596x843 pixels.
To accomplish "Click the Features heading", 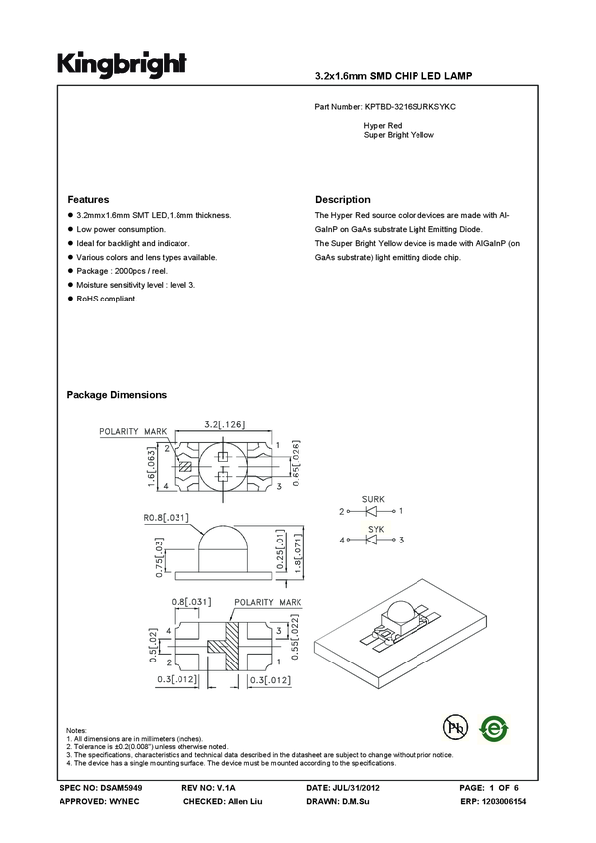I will pos(87,199).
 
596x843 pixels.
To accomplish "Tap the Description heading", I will pos(342,199).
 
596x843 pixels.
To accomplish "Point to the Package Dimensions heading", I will pos(116,395).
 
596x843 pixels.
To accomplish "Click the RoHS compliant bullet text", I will pos(106,298).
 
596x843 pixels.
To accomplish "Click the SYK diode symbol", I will pos(373,541).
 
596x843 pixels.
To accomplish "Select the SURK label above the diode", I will pos(374,499).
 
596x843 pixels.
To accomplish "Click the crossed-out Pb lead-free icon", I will pos(455,727).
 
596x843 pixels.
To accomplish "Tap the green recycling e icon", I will pos(494,727).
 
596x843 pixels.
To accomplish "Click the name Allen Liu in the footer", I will pos(243,800).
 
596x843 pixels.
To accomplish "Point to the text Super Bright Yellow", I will pos(399,134).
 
